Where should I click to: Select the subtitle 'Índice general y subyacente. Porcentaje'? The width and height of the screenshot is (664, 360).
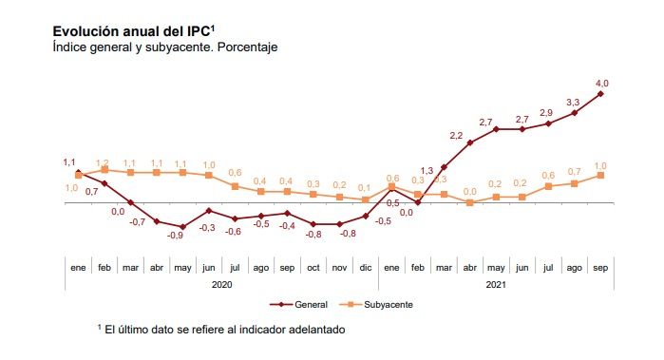pyautogui.click(x=164, y=47)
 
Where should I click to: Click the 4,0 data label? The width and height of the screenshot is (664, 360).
pyautogui.click(x=601, y=84)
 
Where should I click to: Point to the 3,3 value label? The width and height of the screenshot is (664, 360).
pyautogui.click(x=573, y=102)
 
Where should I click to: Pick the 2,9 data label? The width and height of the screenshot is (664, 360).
pyautogui.click(x=546, y=113)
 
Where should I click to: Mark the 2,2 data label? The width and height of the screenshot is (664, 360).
pyautogui.click(x=456, y=135)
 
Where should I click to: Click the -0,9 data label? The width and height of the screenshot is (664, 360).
pyautogui.click(x=175, y=235)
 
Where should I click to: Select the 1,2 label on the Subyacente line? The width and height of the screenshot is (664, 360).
pyautogui.click(x=104, y=162)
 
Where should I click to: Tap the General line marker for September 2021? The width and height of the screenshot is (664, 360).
pyautogui.click(x=600, y=93)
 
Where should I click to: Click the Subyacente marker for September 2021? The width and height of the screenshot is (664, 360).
pyautogui.click(x=600, y=175)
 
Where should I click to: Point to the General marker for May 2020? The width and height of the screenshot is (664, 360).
pyautogui.click(x=182, y=228)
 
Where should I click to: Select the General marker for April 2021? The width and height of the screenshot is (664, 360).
pyautogui.click(x=469, y=142)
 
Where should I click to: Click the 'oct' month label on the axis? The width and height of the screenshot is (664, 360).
pyautogui.click(x=313, y=268)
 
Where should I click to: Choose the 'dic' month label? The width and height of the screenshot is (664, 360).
pyautogui.click(x=365, y=268)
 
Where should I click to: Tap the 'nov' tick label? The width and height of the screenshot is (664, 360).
pyautogui.click(x=339, y=268)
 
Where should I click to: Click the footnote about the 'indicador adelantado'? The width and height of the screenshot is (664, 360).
pyautogui.click(x=220, y=329)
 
